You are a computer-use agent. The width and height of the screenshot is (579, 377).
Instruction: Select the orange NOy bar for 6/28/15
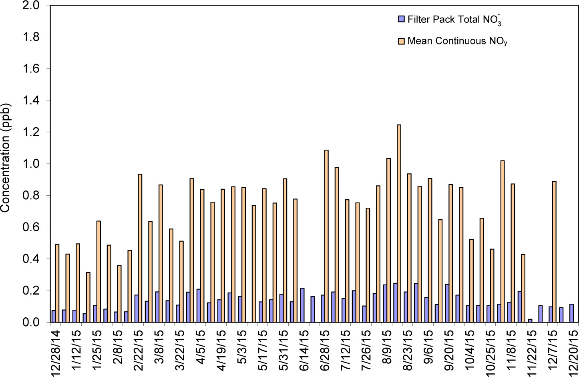(x=326, y=236)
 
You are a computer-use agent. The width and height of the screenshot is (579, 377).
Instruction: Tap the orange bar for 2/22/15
(x=140, y=248)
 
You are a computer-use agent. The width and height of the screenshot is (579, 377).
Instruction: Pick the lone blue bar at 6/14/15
(x=302, y=305)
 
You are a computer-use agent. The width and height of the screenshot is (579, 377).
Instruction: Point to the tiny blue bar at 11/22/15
(x=530, y=320)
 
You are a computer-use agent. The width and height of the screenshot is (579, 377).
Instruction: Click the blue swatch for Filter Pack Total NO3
(x=401, y=19)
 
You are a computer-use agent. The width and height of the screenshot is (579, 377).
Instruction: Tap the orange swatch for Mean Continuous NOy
(x=401, y=41)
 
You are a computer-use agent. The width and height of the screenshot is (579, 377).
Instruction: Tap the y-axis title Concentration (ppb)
(x=5, y=158)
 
